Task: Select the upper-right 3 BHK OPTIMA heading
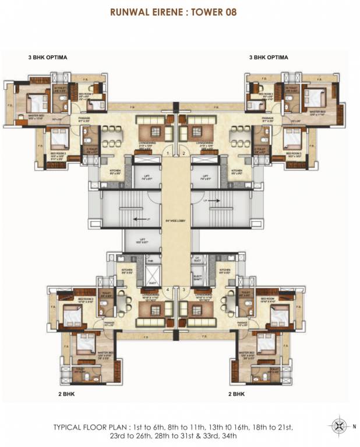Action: [269, 58]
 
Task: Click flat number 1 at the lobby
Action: [168, 153]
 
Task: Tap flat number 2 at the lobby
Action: [183, 153]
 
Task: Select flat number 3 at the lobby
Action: [183, 289]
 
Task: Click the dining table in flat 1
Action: [110, 144]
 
